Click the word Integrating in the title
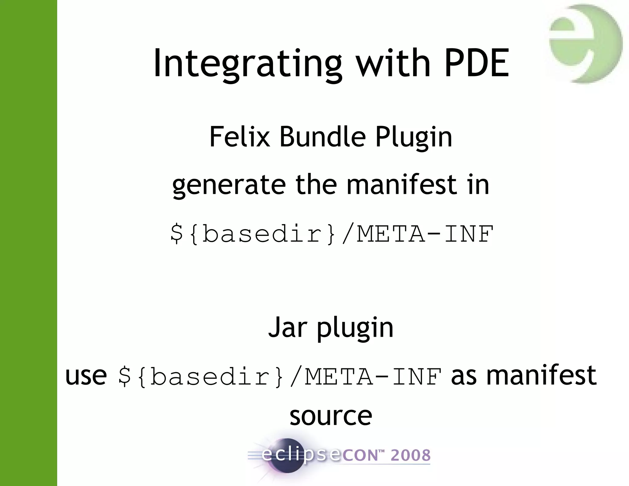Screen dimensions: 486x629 (248, 64)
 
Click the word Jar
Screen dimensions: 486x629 (288, 327)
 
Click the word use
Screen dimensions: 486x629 (86, 376)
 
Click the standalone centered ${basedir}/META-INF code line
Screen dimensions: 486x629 (332, 234)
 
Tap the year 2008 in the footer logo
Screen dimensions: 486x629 (410, 455)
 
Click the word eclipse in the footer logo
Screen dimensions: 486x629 (301, 455)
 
